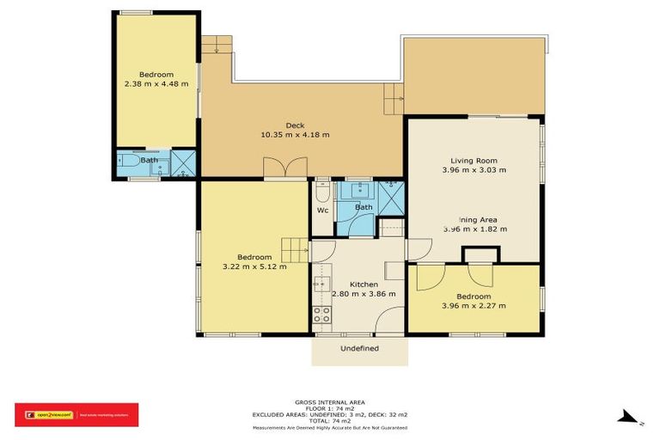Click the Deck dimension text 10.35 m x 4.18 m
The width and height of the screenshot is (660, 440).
tap(295, 134)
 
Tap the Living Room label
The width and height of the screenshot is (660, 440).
tap(474, 161)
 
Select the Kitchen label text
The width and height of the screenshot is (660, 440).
tap(364, 284)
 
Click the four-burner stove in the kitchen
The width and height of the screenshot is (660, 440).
tap(322, 315)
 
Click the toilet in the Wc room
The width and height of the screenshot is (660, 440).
tap(322, 190)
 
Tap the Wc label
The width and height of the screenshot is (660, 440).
tap(322, 211)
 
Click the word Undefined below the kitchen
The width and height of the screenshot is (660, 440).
tap(359, 348)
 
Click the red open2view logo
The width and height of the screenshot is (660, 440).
tap(76, 414)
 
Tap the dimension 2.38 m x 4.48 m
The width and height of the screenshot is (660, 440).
tap(156, 83)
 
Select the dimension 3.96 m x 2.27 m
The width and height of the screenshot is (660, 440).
tap(474, 305)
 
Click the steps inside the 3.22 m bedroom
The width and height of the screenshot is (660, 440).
tap(295, 250)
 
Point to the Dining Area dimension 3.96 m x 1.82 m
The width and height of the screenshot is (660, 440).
tap(474, 229)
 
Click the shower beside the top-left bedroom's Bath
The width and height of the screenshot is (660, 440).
tap(184, 163)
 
